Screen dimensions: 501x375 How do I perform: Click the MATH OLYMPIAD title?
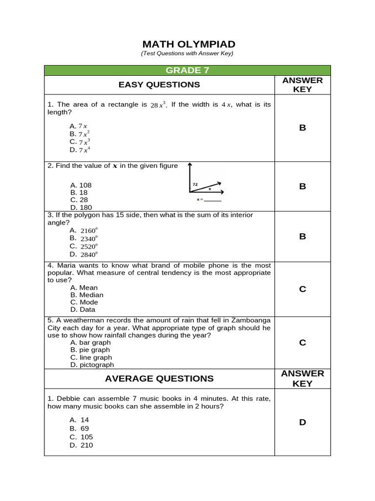click(x=187, y=45)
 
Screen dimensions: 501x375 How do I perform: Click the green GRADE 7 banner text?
click(x=187, y=70)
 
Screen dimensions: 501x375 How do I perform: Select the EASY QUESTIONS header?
click(x=159, y=85)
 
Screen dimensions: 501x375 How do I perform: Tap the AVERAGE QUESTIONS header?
click(x=159, y=378)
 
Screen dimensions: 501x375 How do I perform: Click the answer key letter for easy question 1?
click(x=302, y=128)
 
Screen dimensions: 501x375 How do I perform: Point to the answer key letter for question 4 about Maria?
click(x=302, y=289)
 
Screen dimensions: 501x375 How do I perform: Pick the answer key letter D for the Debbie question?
click(x=302, y=422)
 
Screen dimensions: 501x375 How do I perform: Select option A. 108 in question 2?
click(x=81, y=185)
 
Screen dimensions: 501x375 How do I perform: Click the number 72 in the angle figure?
click(x=195, y=184)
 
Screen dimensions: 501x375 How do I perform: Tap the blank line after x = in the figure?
click(x=213, y=200)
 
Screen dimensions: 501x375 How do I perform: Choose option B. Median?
click(x=86, y=295)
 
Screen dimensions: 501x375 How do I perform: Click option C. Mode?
click(x=84, y=302)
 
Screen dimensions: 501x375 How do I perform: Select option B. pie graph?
click(x=90, y=350)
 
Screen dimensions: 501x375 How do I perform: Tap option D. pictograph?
click(x=92, y=364)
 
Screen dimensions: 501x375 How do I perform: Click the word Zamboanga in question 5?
click(x=247, y=320)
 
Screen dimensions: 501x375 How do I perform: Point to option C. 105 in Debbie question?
click(x=81, y=437)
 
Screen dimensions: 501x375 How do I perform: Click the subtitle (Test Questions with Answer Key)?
click(x=187, y=53)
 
